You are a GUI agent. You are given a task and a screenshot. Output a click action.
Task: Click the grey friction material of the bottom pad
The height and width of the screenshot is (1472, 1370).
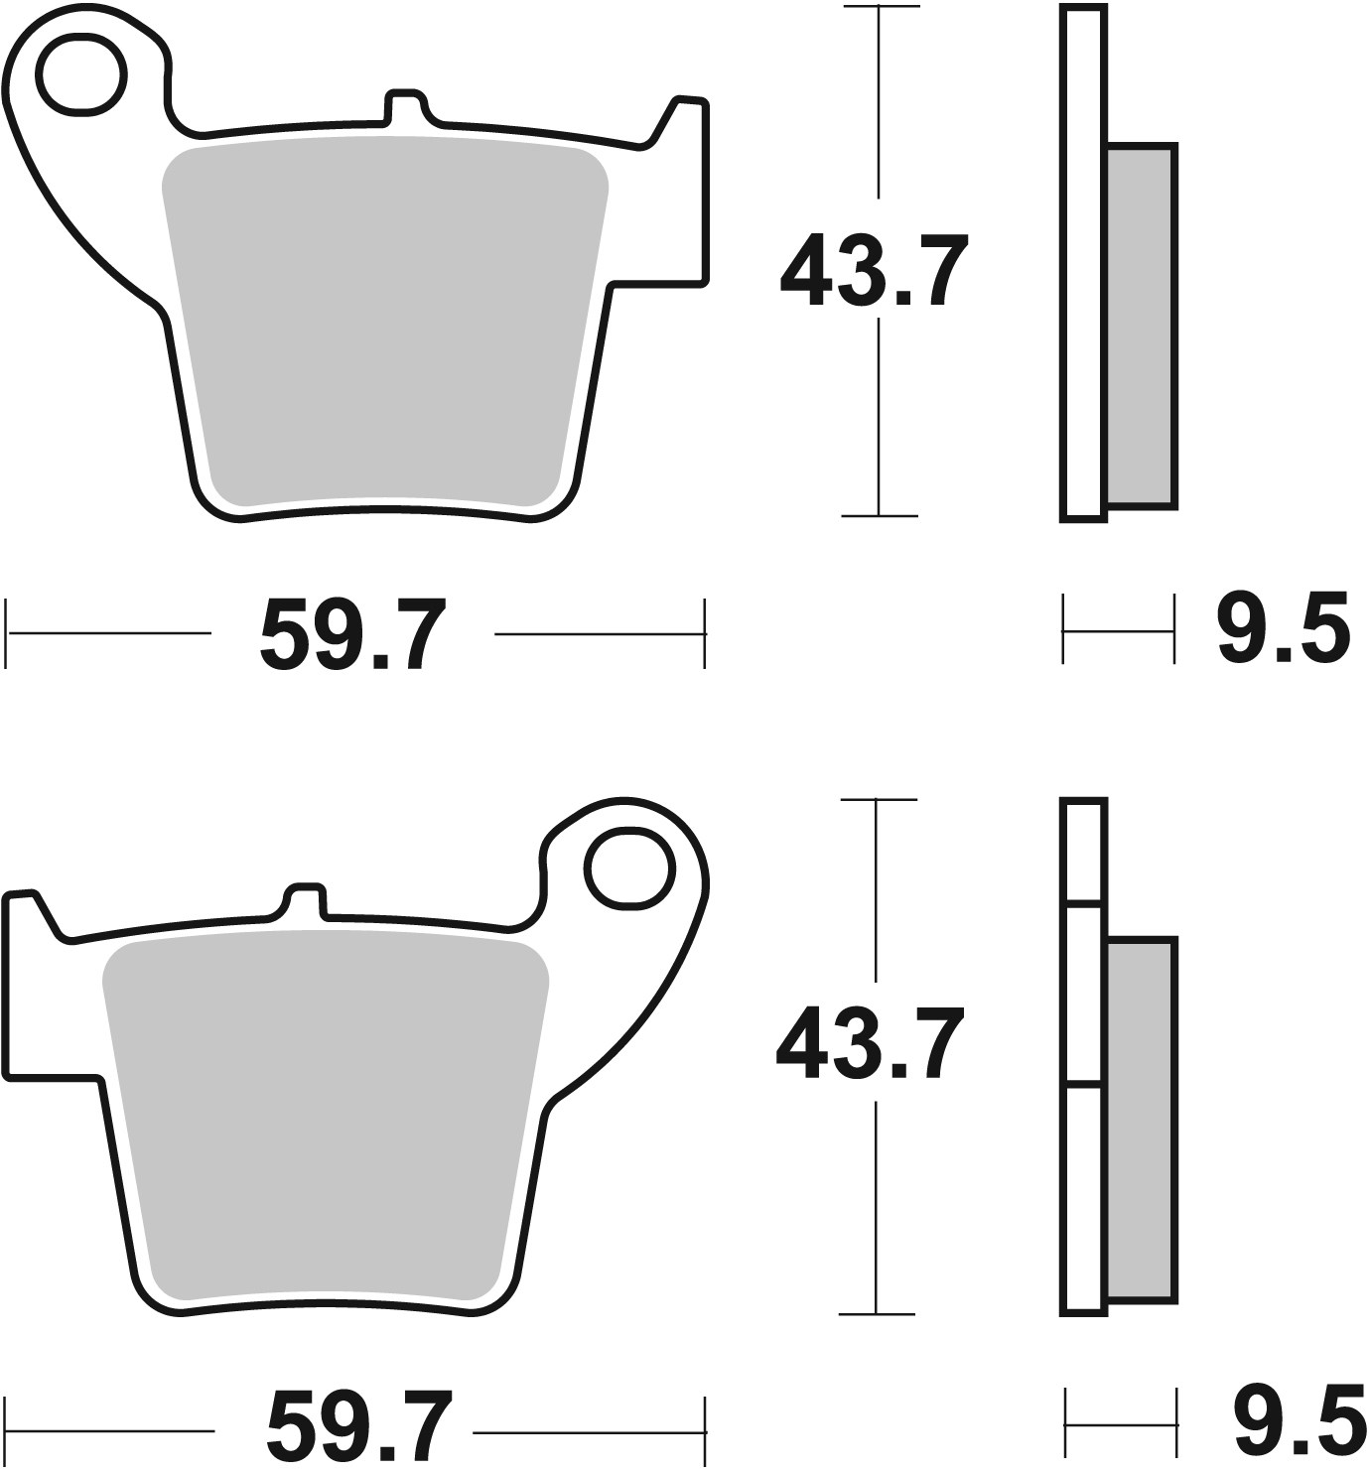tap(326, 1122)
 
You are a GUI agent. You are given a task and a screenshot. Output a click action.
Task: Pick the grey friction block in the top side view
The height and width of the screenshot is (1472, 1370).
tap(1141, 328)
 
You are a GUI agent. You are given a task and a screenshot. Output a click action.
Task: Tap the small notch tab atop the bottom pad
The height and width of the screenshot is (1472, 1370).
tap(306, 898)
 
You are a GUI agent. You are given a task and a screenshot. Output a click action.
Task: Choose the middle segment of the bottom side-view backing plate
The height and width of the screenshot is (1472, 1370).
tap(1083, 995)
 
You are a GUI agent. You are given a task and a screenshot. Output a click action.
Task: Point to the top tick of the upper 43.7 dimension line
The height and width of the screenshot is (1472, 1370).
tap(879, 8)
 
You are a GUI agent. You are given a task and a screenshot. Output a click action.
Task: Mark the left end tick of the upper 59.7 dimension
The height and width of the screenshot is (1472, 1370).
tap(8, 632)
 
